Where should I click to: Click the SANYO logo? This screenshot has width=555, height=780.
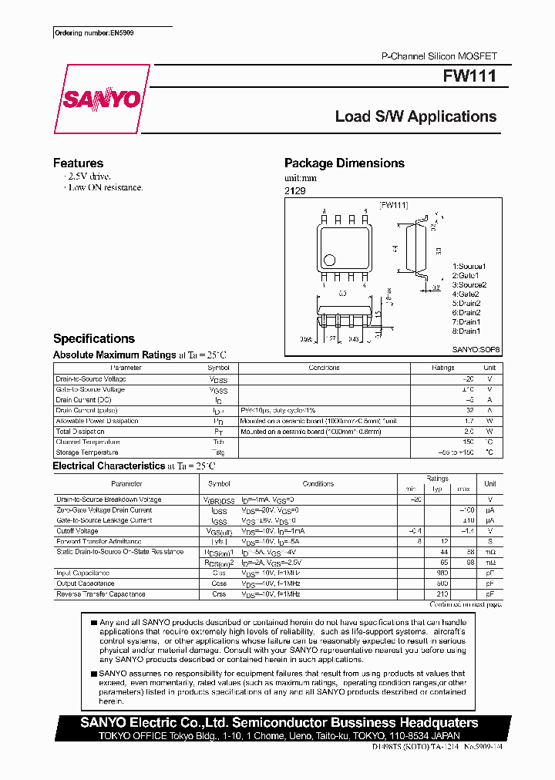click(x=102, y=99)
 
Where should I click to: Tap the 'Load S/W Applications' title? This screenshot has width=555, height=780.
click(x=415, y=116)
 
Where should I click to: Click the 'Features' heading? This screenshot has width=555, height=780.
click(x=78, y=163)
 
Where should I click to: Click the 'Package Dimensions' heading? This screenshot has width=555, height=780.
click(x=344, y=163)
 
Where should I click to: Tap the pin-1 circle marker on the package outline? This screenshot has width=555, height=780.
click(x=329, y=260)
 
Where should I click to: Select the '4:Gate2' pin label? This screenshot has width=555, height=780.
click(x=466, y=294)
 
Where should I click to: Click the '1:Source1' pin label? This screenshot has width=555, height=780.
click(x=469, y=267)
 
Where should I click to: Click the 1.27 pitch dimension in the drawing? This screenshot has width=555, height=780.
click(x=329, y=338)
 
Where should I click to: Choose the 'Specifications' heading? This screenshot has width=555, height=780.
click(x=93, y=338)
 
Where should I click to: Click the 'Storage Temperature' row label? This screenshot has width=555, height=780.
click(x=88, y=452)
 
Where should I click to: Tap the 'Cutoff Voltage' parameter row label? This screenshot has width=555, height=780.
click(x=77, y=531)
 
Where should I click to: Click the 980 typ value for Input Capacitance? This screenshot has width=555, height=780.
click(x=442, y=573)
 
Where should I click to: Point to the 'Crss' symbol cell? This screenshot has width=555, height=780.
click(x=219, y=594)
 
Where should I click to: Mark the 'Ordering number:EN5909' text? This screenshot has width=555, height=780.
click(x=89, y=34)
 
